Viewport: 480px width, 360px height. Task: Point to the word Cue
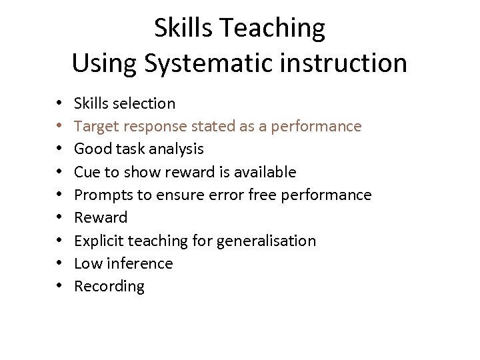pyautogui.click(x=87, y=172)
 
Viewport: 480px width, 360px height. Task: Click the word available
pyautogui.click(x=265, y=172)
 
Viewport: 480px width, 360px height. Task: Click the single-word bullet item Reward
pyautogui.click(x=100, y=217)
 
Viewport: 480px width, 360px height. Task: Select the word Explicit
pyautogui.click(x=99, y=241)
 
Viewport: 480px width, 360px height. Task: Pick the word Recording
pyautogui.click(x=109, y=287)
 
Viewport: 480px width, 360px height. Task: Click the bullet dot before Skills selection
pyautogui.click(x=59, y=104)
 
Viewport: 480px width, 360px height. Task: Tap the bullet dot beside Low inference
pyautogui.click(x=59, y=264)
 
